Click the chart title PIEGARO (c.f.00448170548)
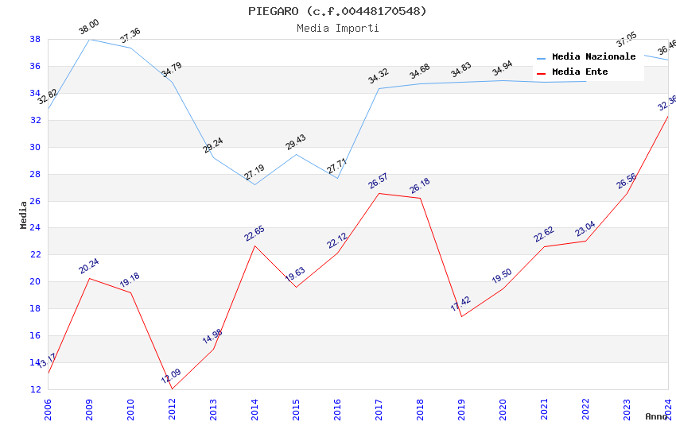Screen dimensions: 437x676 tap(337, 11)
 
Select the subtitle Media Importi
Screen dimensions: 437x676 tap(337, 28)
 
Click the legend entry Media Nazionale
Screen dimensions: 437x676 tap(593, 57)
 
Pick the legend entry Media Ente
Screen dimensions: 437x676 tap(580, 72)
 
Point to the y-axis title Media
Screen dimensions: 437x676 tap(24, 215)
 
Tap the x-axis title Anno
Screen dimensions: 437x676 tap(656, 416)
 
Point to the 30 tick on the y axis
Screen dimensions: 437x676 tap(35, 147)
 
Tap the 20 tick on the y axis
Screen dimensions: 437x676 tap(35, 282)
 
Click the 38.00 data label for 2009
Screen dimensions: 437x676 tap(88, 29)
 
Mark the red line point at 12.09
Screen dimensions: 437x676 tap(172, 389)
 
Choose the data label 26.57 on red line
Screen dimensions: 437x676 tap(378, 183)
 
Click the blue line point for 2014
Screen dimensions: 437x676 tap(254, 184)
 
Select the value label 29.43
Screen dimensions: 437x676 tap(295, 143)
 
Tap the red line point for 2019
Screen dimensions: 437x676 tap(461, 317)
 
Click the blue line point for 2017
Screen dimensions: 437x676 tap(379, 88)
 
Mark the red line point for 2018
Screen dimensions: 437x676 tap(420, 198)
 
